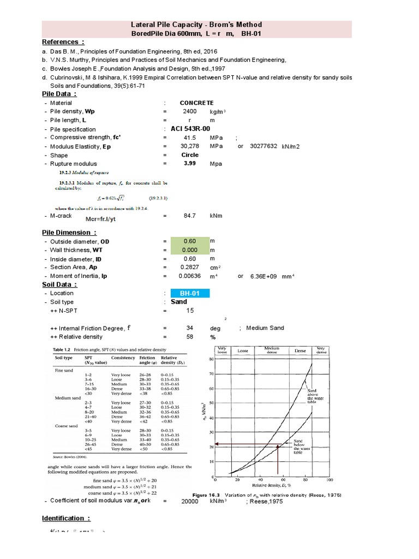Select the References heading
pyautogui.click(x=63, y=43)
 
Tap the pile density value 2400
pyautogui.click(x=190, y=111)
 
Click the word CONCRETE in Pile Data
pyautogui.click(x=196, y=103)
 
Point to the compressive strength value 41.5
pyautogui.click(x=190, y=138)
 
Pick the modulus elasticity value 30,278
pyautogui.click(x=190, y=146)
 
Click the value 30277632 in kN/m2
pyautogui.click(x=264, y=146)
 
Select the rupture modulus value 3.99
pyautogui.click(x=190, y=163)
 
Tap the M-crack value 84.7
pyautogui.click(x=190, y=216)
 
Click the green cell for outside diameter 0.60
pyautogui.click(x=189, y=241)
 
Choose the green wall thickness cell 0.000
pyautogui.click(x=189, y=250)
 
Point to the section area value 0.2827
pyautogui.click(x=189, y=267)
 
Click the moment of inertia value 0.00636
pyautogui.click(x=189, y=276)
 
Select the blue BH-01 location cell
pyautogui.click(x=190, y=293)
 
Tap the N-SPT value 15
pyautogui.click(x=190, y=311)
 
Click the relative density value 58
pyautogui.click(x=190, y=337)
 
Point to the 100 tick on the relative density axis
pyautogui.click(x=329, y=480)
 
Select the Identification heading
pyautogui.click(x=66, y=518)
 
